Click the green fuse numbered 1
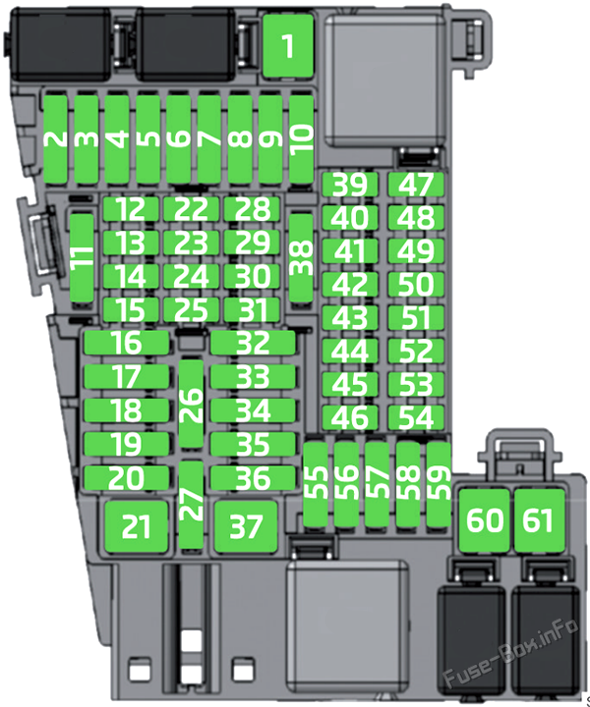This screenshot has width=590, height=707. coord(288,45)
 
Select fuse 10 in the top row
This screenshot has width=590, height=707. coord(301,139)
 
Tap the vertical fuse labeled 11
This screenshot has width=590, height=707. coord(83,257)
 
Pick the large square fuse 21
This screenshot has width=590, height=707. coord(137,526)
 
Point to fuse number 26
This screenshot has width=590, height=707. coord(192,404)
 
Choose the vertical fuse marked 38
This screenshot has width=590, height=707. coord(301,257)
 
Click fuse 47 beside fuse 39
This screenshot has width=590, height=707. coord(416,185)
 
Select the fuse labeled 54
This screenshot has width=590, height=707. coord(416,417)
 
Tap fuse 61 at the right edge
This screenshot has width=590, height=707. coord(540,520)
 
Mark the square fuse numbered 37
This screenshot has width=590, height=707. coord(246,526)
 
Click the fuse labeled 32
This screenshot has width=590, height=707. coord(253,343)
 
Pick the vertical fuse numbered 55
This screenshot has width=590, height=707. coord(315,484)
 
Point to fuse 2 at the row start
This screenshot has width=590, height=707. coord(55,139)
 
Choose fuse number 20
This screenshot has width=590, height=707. coord(127,478)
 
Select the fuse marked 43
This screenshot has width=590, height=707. coord(350,317)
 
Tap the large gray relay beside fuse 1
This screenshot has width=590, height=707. coord(385,82)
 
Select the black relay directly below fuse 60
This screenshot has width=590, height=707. coord(471,640)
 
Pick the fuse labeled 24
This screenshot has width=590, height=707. coord(192,276)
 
